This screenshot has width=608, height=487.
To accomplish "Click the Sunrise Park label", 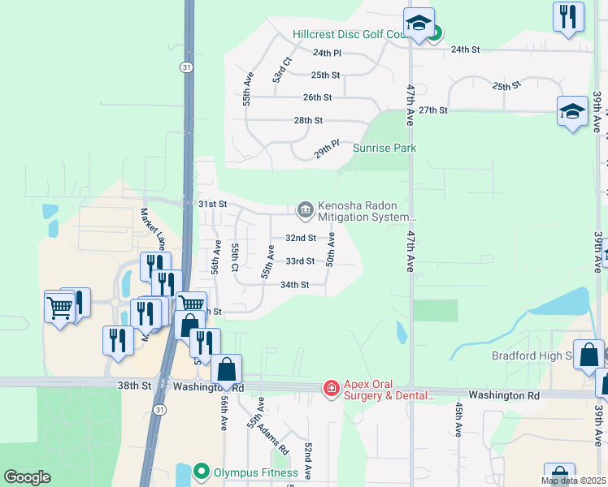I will point(384,148).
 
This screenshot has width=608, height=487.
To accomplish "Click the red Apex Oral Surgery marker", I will point(331,390).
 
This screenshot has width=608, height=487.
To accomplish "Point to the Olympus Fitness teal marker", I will point(202,471).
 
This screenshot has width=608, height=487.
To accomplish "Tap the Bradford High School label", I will point(533,356).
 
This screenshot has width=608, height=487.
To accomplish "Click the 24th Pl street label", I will point(327,53).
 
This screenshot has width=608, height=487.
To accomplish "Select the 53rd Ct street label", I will point(281,70).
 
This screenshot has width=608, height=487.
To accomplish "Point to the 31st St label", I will point(212,204).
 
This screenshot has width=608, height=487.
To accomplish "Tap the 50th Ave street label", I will point(331,251).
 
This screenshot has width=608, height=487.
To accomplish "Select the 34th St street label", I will point(294,285).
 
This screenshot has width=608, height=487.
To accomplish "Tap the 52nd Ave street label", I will point(308,459).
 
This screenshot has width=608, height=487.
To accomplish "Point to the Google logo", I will point(27,477).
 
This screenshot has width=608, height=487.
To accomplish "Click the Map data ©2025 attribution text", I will point(574,481).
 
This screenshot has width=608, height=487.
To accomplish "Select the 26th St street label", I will point(317,97).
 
